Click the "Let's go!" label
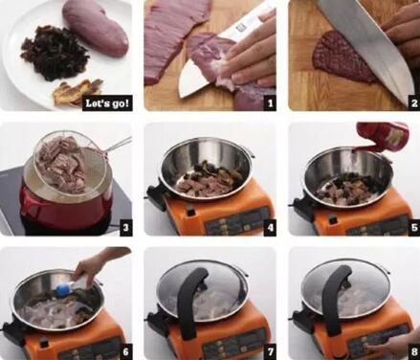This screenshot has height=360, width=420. [107, 103]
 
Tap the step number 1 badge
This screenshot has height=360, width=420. [270, 103]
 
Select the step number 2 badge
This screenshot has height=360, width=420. [414, 103]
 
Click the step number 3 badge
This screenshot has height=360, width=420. [125, 228]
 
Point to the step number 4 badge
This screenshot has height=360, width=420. [270, 228]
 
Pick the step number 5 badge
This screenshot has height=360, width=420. [414, 228]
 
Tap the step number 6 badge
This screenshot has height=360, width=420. [125, 351]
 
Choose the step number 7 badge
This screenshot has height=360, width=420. [270, 351]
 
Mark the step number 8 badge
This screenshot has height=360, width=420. [414, 351]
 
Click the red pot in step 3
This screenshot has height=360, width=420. [64, 204]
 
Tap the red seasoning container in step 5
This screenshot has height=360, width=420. [381, 136]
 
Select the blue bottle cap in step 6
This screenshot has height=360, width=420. [61, 290]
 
